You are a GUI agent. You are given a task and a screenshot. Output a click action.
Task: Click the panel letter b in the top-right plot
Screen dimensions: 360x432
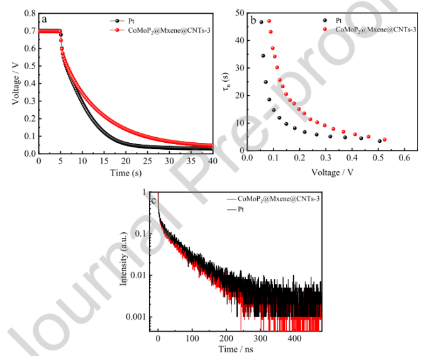253,20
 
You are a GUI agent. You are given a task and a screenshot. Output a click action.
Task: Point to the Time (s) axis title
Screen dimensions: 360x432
125,172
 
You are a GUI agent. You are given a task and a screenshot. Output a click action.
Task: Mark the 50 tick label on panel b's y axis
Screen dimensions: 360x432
237,13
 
